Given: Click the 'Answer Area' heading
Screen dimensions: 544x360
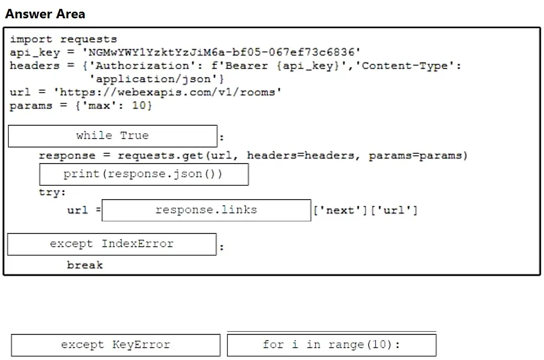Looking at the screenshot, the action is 45,14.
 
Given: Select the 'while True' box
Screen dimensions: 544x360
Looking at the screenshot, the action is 113,136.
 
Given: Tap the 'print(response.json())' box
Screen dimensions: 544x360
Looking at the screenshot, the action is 144,174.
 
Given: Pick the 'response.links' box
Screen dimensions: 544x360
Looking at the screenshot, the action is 206,210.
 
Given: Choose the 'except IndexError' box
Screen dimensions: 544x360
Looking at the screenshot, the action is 112,244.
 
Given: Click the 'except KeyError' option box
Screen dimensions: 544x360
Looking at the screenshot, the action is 116,345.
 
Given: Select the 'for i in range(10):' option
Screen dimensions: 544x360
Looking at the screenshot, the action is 332,345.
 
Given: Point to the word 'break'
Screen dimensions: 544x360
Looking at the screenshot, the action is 85,265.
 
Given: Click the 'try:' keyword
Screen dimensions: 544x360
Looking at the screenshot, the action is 52,192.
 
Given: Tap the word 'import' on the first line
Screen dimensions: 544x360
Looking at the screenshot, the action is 31,39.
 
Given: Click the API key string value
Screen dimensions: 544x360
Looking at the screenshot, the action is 221,52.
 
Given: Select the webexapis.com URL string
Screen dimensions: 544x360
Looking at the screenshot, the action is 167,92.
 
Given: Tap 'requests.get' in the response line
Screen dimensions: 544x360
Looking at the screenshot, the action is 160,155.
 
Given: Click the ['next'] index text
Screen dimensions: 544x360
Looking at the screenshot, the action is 340,210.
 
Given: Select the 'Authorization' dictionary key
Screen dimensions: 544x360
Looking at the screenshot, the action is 143,65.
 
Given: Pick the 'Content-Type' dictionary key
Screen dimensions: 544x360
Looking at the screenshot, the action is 404,65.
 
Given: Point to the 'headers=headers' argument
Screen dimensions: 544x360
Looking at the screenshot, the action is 301,155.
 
